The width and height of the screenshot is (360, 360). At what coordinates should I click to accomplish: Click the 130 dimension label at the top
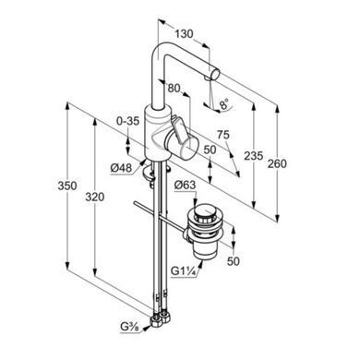pos(185,33)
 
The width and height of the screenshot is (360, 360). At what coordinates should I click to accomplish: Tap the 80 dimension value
pos(174,89)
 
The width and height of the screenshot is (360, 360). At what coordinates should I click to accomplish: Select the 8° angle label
pos(224,104)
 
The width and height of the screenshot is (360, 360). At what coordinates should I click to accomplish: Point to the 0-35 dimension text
pos(127,121)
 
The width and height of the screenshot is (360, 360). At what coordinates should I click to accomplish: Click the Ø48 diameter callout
pos(121,168)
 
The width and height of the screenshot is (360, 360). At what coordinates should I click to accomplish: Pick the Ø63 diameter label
pos(185,186)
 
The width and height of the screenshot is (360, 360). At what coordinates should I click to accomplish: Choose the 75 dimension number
pos(223,135)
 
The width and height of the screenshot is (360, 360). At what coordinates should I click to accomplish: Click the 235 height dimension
pos(254,156)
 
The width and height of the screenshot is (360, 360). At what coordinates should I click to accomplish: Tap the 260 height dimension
pos(277,163)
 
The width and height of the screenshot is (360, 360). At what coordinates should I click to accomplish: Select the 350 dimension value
pos(67,186)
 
